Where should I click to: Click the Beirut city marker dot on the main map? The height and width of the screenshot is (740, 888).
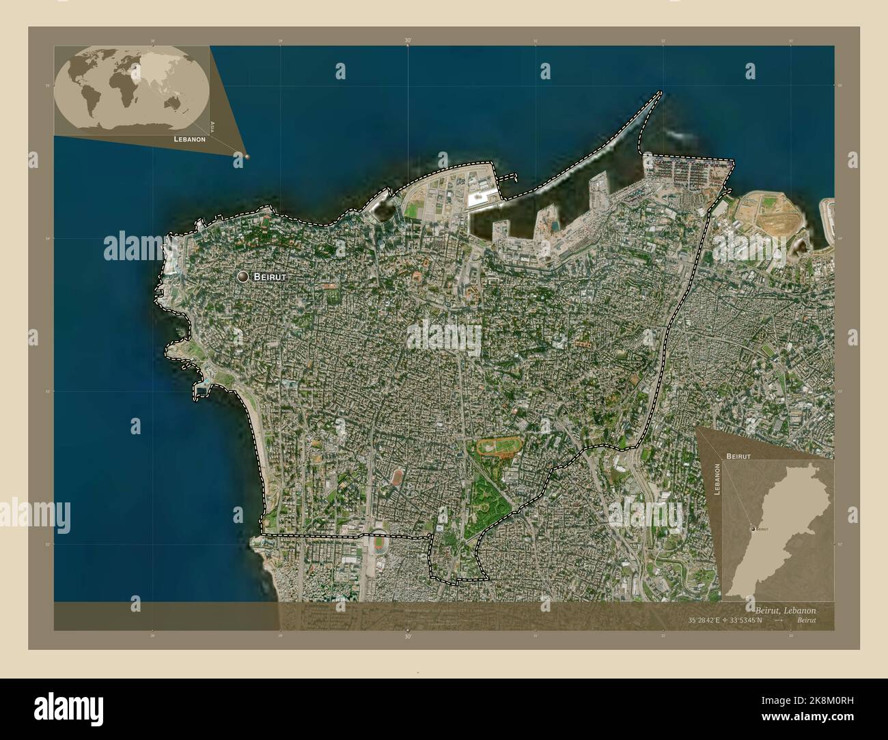click(242, 276)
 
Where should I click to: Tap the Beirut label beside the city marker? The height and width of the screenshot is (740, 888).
click(270, 277)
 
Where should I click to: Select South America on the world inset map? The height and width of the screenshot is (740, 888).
click(87, 100)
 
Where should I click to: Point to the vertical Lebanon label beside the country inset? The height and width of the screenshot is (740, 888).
click(718, 482)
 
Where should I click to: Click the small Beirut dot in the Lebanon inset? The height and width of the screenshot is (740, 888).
click(753, 528)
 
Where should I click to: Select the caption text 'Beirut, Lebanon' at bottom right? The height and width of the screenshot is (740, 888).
click(785, 610)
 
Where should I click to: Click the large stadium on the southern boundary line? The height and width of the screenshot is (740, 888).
click(378, 543)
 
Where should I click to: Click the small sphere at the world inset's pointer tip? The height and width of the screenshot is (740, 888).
click(247, 156)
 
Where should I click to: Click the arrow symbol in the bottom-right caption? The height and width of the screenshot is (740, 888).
click(777, 621)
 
